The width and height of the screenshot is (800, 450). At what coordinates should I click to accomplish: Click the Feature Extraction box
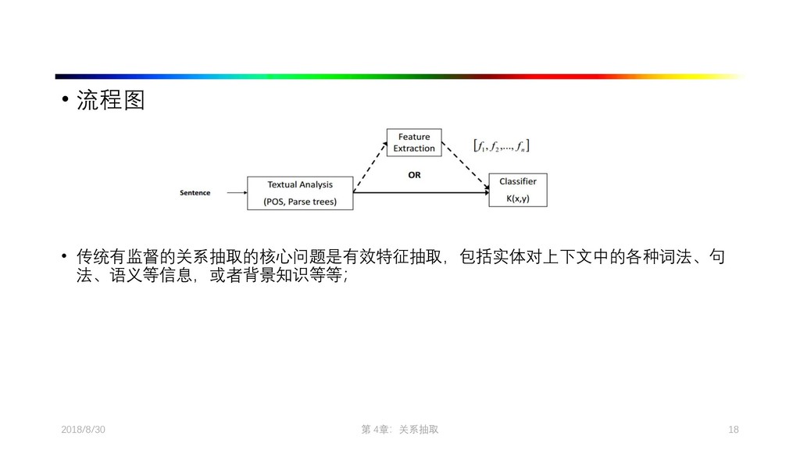point(414,143)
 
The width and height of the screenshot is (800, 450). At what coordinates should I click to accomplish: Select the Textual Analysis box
point(300,193)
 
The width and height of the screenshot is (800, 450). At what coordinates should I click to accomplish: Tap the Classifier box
point(517,190)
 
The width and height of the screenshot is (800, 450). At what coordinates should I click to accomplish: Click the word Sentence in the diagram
point(195,193)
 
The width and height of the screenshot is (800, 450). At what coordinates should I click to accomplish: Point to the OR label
point(414,175)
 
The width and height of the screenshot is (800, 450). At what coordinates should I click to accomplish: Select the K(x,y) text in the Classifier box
point(517,198)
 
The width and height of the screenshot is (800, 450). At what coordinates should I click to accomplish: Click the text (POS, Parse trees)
point(300,201)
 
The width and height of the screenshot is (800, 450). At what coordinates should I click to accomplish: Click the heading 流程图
point(110,101)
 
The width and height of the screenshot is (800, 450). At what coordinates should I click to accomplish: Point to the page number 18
point(733,430)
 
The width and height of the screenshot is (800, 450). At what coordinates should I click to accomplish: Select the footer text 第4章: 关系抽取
point(399,430)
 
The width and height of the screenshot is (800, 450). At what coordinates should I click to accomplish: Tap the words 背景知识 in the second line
point(278,277)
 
